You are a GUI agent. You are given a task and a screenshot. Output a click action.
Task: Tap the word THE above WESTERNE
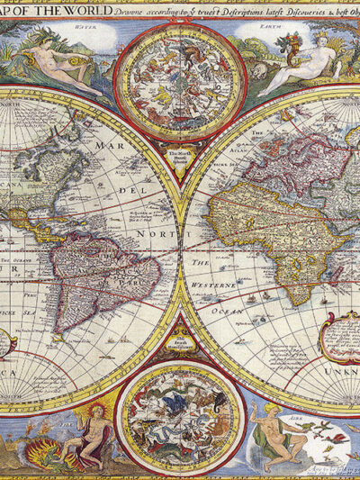[201, 262]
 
